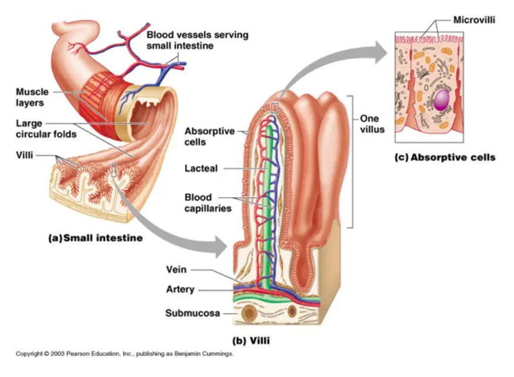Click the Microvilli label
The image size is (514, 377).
[474, 20]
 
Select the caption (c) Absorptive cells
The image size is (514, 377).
[445, 157]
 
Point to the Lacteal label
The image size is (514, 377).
[201, 168]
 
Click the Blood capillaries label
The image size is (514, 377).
[207, 202]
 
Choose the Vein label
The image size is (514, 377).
[176, 269]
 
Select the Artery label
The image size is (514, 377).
[180, 289]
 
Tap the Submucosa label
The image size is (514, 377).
[192, 313]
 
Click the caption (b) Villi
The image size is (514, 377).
[252, 340]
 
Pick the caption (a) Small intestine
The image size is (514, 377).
[95, 238]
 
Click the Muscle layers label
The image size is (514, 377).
[32, 97]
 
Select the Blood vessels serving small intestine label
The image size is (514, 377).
[197, 39]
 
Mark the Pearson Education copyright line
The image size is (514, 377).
[124, 353]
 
